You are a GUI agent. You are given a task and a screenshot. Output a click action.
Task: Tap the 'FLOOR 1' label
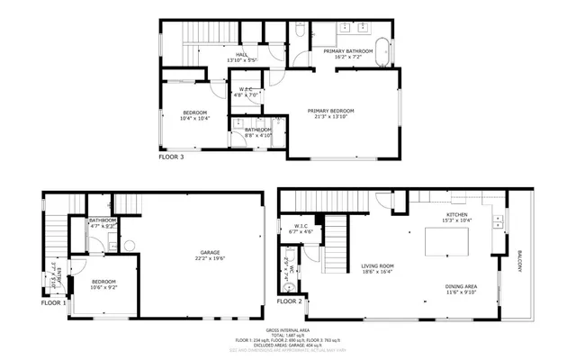[53, 302]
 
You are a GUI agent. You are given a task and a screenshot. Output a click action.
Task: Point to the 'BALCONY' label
[519, 261]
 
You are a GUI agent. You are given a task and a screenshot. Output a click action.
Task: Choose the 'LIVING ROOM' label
[377, 265]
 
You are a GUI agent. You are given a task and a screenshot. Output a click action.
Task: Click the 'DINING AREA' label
[460, 286]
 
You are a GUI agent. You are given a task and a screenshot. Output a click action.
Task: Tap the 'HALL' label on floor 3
[241, 55]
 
